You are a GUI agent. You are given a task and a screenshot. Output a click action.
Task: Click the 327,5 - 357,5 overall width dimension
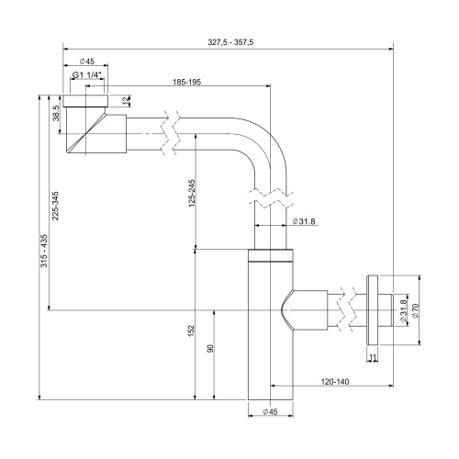[230, 42]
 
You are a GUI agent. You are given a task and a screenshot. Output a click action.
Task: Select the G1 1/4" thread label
[87, 74]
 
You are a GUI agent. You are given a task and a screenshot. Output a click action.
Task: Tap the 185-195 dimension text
[187, 82]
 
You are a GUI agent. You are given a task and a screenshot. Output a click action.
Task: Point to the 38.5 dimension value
[56, 113]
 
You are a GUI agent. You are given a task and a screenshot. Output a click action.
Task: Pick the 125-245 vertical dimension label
[192, 193]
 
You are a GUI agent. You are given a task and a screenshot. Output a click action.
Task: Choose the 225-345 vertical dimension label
[55, 206]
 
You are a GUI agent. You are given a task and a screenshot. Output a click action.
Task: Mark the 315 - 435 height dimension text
[44, 251]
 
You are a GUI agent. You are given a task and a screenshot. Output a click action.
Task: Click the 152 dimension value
[191, 331]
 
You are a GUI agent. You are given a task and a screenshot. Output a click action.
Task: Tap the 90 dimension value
[210, 348]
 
